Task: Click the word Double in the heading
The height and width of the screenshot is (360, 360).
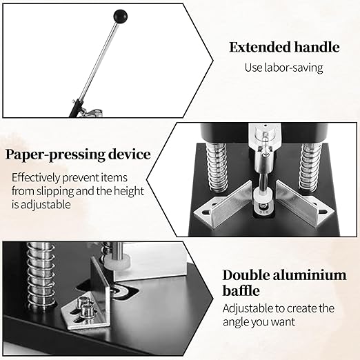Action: click(243, 275)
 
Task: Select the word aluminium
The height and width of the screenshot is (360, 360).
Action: click(310, 275)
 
